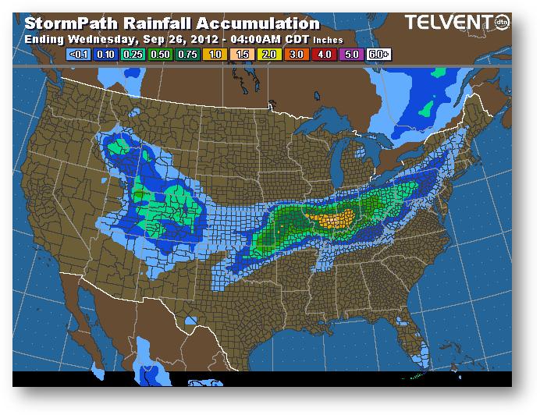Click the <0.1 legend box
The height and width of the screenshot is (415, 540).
coord(78,55)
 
